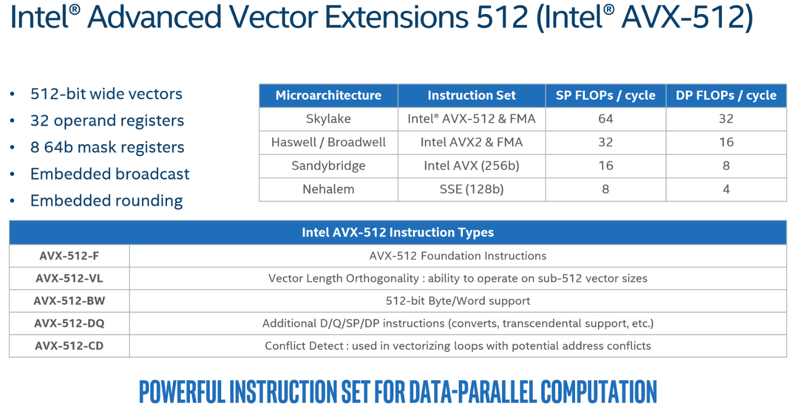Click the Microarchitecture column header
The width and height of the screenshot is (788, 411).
click(328, 96)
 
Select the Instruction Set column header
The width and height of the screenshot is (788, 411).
click(471, 96)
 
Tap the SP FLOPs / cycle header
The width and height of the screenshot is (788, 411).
click(605, 96)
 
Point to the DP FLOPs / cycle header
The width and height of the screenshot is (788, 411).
click(726, 96)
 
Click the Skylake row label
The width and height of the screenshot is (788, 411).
click(328, 119)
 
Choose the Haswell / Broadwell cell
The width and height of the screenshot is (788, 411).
click(328, 142)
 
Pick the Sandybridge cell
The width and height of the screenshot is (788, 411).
click(328, 166)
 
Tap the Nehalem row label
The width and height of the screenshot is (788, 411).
click(328, 189)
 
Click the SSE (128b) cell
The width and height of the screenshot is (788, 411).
click(471, 189)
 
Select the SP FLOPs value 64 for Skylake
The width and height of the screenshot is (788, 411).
click(605, 119)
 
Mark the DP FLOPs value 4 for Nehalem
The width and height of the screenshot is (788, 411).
click(726, 189)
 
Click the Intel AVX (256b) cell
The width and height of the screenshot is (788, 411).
click(471, 166)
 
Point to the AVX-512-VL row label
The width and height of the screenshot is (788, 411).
click(69, 278)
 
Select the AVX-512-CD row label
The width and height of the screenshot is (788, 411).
click(69, 346)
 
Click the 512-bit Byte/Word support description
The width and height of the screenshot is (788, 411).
click(458, 301)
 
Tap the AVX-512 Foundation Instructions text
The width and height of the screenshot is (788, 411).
click(458, 256)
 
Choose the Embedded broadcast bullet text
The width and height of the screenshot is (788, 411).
click(110, 174)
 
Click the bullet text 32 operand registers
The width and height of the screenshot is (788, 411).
click(108, 121)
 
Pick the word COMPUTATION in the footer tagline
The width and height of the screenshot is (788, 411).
click(599, 392)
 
